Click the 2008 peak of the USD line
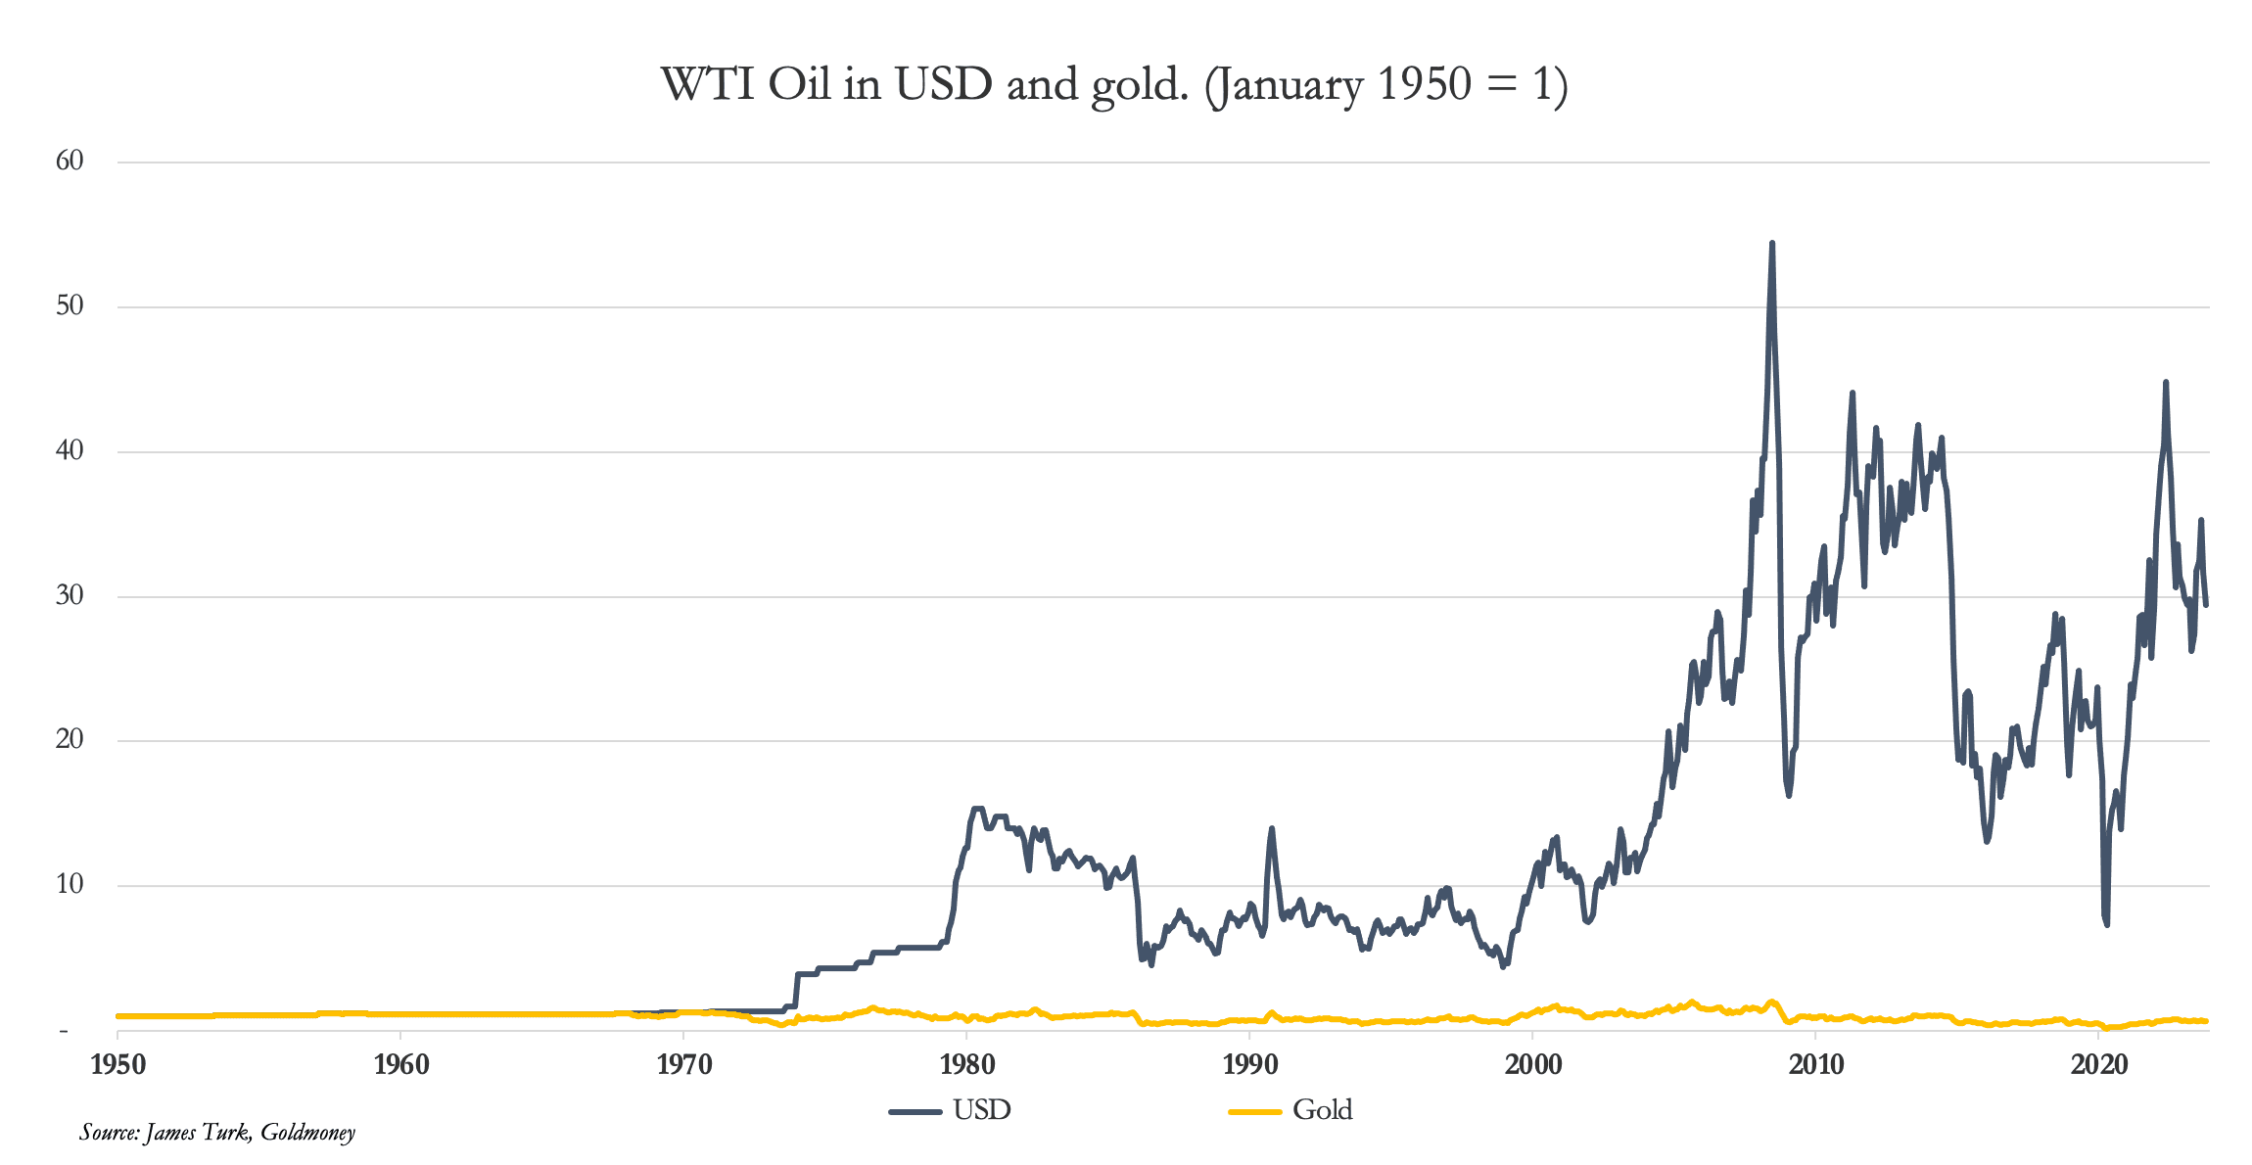[1772, 244]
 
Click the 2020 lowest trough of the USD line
[2106, 923]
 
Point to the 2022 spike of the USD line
[2166, 383]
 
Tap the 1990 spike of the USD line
[1272, 829]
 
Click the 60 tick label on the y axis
[70, 161]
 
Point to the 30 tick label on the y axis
[70, 595]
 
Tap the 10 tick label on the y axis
[70, 884]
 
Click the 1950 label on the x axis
[117, 1065]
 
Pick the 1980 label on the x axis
[966, 1065]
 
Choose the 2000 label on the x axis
[1532, 1065]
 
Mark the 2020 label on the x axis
[2098, 1065]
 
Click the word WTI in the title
[708, 84]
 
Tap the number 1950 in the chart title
[1424, 84]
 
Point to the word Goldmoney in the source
[307, 1133]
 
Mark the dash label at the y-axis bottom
[65, 1031]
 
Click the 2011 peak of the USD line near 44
[1852, 394]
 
